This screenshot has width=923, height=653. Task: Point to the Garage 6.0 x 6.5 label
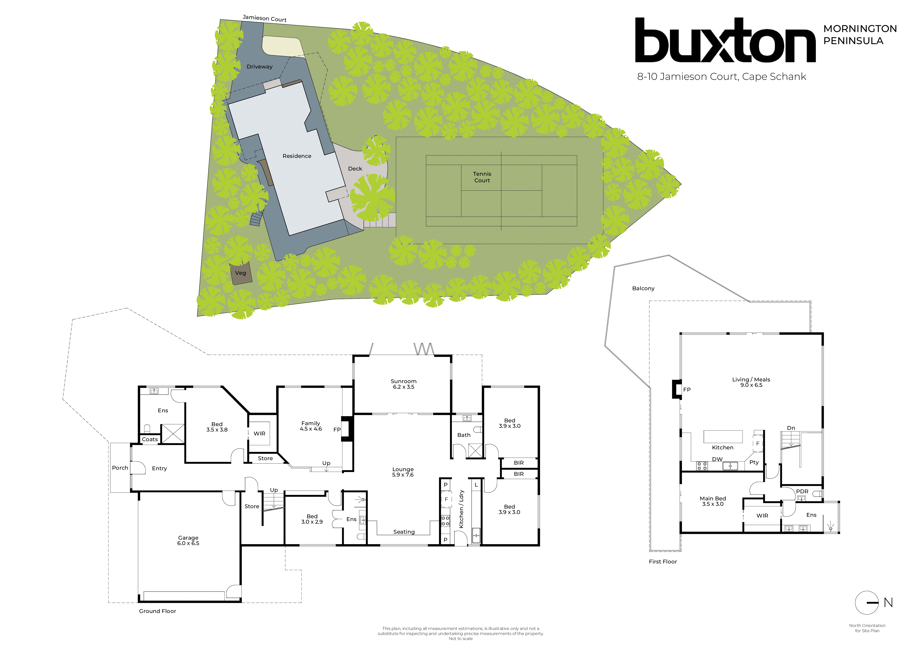coord(188,540)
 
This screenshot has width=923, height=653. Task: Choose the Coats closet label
coord(150,439)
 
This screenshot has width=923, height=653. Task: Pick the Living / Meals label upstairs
coord(751,382)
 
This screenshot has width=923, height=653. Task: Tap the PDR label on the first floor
coord(802,491)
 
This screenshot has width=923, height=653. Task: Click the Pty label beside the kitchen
coord(754,462)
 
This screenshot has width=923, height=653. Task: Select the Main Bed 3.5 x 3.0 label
coord(713,501)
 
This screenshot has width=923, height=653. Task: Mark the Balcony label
coord(643,288)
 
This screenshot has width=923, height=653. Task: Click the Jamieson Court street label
coord(265,18)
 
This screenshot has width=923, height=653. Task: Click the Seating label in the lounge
coord(404,532)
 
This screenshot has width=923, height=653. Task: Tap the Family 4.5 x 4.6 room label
coord(311,426)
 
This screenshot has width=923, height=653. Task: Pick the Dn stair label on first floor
coord(791,428)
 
